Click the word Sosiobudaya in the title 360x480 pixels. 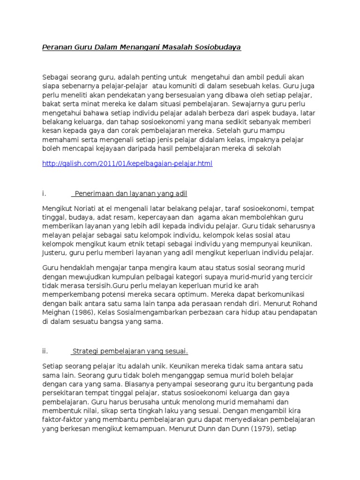click(x=217, y=47)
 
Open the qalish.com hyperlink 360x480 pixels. click(x=127, y=164)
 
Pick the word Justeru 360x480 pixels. click(x=55, y=253)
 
